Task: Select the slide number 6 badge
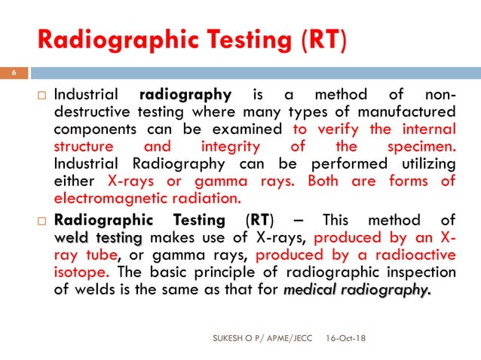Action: click(13, 73)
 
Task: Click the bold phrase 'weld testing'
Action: click(99, 237)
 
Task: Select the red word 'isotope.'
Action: click(84, 270)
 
